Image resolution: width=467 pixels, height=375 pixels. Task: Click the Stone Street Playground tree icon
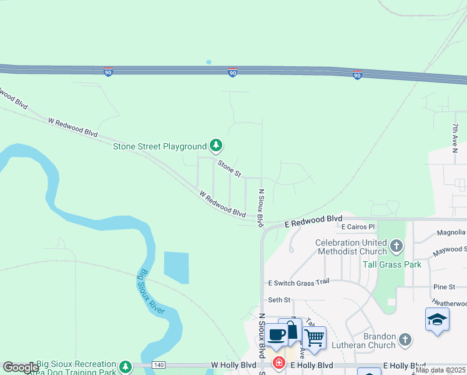click(216, 146)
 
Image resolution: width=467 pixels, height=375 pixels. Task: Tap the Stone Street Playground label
click(159, 147)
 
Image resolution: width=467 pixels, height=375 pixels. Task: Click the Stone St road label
click(229, 168)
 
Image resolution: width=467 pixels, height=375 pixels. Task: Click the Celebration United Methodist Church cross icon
click(396, 247)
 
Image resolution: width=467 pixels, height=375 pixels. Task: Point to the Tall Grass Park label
click(392, 264)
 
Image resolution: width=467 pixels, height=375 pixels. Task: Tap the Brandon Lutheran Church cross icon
click(405, 340)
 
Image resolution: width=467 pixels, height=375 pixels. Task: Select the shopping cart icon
click(314, 338)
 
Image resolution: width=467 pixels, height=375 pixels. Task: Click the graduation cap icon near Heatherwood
click(437, 319)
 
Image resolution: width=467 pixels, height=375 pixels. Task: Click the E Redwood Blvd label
click(314, 220)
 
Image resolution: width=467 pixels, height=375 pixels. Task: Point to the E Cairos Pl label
click(357, 227)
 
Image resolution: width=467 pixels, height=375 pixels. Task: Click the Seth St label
click(279, 300)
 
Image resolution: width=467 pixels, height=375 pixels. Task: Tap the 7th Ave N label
click(455, 137)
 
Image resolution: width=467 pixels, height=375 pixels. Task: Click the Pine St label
click(444, 287)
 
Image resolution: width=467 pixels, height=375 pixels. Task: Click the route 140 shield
click(158, 364)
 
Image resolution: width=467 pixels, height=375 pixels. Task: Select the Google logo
click(20, 367)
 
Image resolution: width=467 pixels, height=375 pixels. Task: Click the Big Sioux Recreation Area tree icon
click(125, 365)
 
